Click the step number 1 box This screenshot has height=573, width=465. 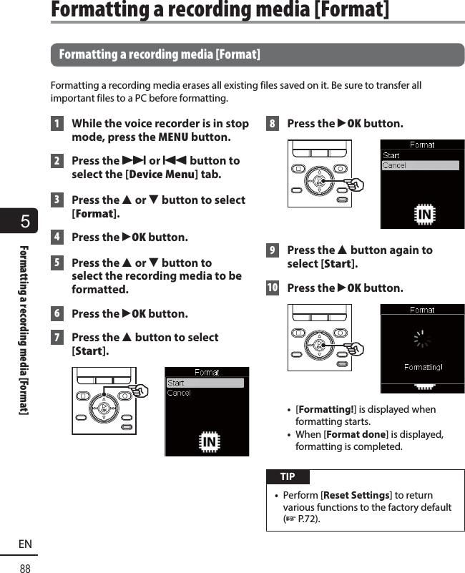coord(57,124)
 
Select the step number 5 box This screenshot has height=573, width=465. coord(57,263)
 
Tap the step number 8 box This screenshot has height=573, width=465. coord(272,124)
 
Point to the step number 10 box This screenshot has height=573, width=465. coord(272,288)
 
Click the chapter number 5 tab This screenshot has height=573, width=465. coord(24,221)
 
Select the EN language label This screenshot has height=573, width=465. coord(25,544)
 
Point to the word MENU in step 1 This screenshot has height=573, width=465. coord(173,137)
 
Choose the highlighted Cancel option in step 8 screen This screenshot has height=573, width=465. coord(421,165)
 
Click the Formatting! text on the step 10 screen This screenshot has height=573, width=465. coord(423,367)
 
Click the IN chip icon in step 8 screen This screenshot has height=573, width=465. coord(424,215)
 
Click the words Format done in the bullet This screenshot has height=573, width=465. coord(356,434)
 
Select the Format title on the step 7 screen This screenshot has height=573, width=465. coord(207,372)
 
